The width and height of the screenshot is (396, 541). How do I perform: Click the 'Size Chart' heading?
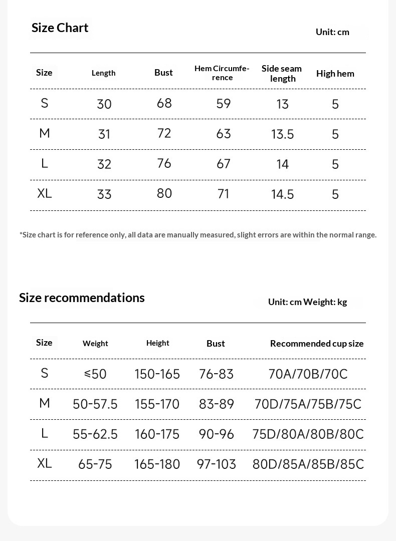pyautogui.click(x=60, y=28)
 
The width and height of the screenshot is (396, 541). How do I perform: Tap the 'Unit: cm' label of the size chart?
pyautogui.click(x=332, y=32)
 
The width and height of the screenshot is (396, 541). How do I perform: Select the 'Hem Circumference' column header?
pyautogui.click(x=222, y=73)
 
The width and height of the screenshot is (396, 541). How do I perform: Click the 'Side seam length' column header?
pyautogui.click(x=282, y=73)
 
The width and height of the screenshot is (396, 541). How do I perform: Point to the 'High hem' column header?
pyautogui.click(x=335, y=74)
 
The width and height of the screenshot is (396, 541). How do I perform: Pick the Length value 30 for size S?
pyautogui.click(x=104, y=104)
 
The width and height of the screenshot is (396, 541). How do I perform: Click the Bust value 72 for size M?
pyautogui.click(x=164, y=133)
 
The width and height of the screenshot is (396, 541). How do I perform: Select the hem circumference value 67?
pyautogui.click(x=224, y=164)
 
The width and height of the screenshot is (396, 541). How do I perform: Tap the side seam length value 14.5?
pyautogui.click(x=283, y=194)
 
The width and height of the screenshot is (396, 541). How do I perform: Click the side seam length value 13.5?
pyautogui.click(x=283, y=134)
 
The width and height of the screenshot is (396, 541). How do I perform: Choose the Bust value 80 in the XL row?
pyautogui.click(x=164, y=193)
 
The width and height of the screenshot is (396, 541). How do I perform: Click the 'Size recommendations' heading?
pyautogui.click(x=82, y=298)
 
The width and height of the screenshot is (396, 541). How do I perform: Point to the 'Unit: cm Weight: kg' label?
pyautogui.click(x=307, y=302)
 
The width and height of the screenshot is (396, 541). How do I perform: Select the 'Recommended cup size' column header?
pyautogui.click(x=317, y=344)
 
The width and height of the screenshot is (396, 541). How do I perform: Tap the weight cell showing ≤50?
pyautogui.click(x=95, y=374)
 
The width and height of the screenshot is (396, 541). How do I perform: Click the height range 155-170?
pyautogui.click(x=157, y=404)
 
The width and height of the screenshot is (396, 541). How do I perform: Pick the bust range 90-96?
pyautogui.click(x=217, y=434)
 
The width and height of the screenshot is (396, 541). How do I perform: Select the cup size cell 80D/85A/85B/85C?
pyautogui.click(x=308, y=464)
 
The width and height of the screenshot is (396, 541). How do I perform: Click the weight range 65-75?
pyautogui.click(x=95, y=464)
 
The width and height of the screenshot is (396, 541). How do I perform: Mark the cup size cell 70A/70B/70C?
pyautogui.click(x=308, y=374)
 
